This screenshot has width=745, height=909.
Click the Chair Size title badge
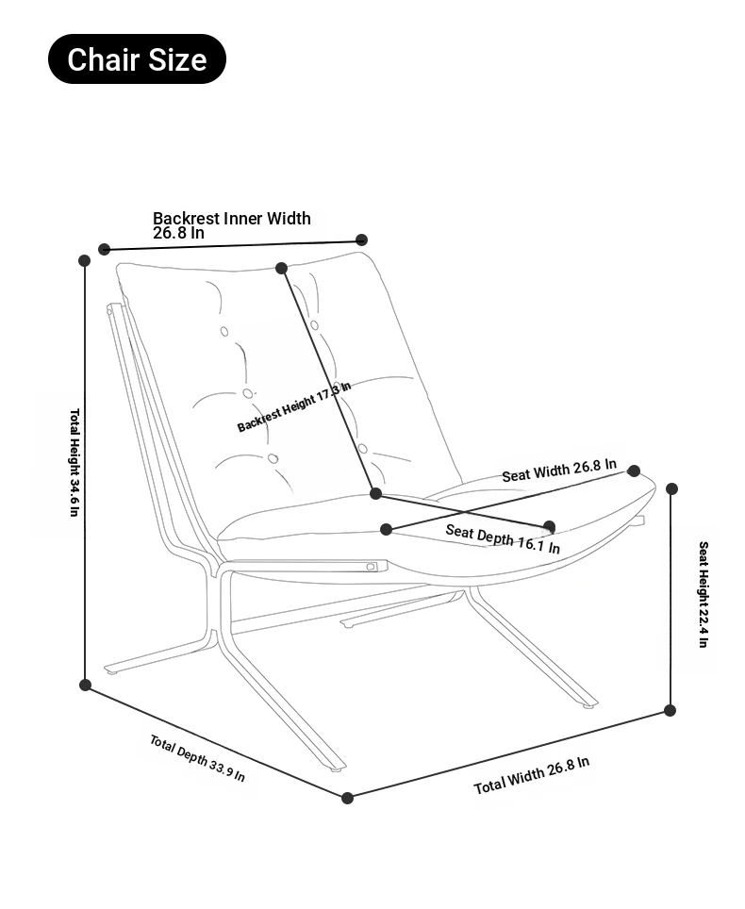(x=137, y=59)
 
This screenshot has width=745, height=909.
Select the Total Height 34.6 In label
(x=74, y=462)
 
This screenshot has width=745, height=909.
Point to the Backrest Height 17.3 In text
(x=293, y=407)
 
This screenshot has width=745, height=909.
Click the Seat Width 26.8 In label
(x=558, y=471)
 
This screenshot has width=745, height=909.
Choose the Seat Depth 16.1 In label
(x=502, y=538)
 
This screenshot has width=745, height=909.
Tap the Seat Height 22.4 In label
(x=703, y=594)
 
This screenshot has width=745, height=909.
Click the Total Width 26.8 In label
(x=531, y=774)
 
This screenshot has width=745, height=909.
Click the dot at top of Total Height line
(x=84, y=260)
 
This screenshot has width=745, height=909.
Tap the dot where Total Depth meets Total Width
(x=347, y=798)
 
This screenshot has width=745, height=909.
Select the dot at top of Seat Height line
(x=671, y=488)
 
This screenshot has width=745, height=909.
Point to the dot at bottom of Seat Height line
(x=670, y=710)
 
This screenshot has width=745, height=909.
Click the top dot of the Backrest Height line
(x=281, y=269)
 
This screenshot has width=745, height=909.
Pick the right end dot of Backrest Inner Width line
(x=361, y=240)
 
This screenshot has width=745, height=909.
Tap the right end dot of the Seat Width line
(x=634, y=471)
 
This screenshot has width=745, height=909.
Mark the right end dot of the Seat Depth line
(x=549, y=526)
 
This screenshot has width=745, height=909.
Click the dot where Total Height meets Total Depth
(x=85, y=685)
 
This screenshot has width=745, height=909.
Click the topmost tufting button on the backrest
(x=224, y=331)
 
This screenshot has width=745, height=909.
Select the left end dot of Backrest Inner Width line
(x=105, y=249)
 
